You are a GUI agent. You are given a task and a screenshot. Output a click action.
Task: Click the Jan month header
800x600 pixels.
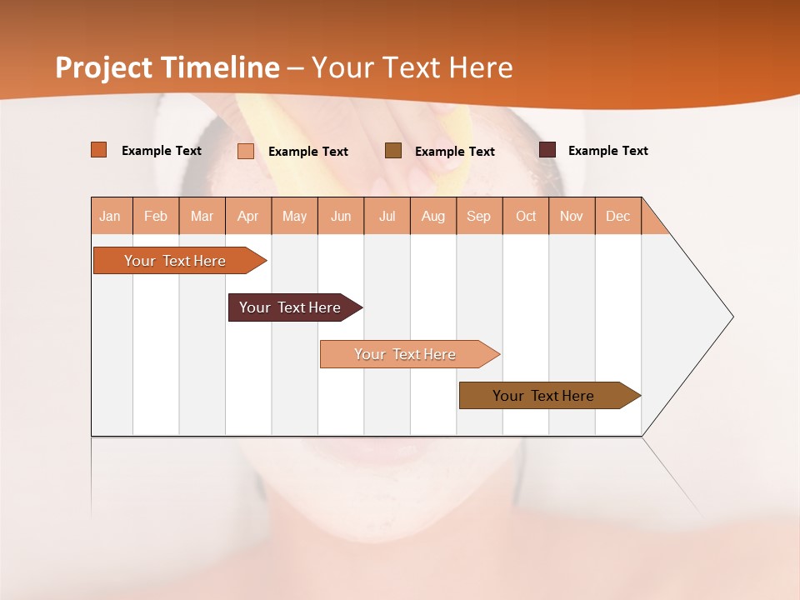point(110,216)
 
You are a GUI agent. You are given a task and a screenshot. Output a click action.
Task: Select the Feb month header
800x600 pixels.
point(156,216)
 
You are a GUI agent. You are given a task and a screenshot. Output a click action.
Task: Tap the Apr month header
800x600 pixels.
point(248,216)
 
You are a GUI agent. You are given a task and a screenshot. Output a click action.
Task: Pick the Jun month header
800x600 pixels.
point(341,216)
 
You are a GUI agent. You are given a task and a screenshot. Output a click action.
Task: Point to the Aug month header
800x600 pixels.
point(433,216)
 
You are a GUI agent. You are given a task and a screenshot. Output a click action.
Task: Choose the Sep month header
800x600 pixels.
point(479,216)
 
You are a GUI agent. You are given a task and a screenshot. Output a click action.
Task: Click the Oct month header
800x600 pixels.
point(526,216)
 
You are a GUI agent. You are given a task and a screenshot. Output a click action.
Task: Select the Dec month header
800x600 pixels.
point(618,216)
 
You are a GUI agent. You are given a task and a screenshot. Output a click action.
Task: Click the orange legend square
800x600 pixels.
point(99,150)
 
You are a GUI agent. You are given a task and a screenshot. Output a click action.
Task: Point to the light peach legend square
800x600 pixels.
point(246,151)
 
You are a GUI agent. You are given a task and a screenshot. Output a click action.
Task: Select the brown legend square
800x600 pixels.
point(393,150)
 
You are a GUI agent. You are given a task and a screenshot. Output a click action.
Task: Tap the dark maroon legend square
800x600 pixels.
point(547,150)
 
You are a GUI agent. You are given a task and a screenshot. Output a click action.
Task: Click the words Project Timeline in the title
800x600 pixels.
point(167,67)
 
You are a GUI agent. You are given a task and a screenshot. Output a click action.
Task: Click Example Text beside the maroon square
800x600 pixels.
point(607,151)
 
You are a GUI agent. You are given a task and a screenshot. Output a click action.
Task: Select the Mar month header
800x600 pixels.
point(202,216)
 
